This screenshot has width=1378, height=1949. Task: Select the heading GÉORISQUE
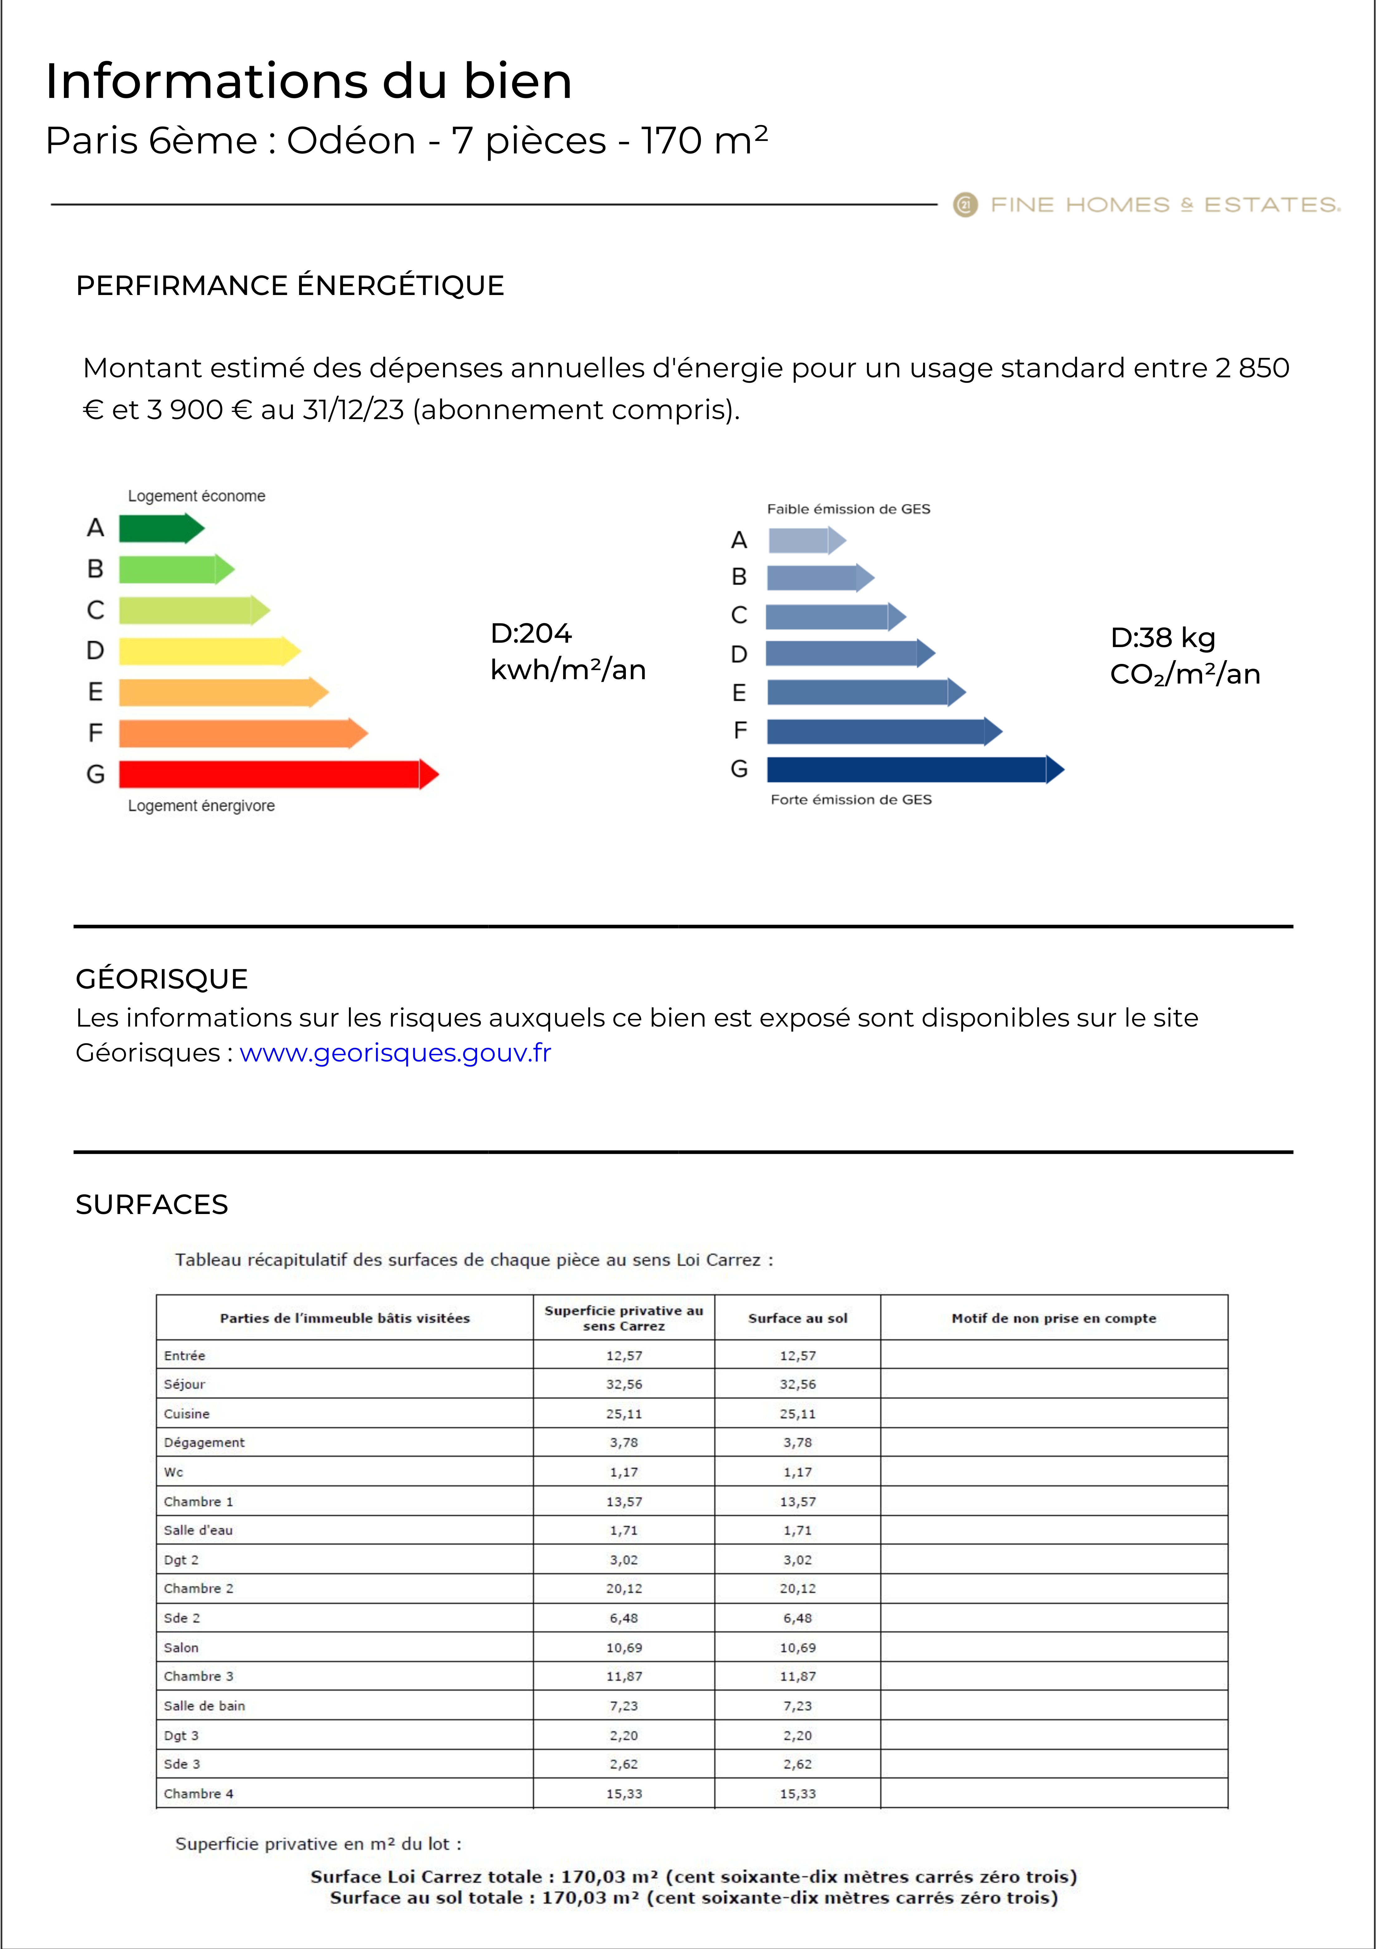[161, 979]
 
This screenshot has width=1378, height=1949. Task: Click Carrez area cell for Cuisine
[624, 1413]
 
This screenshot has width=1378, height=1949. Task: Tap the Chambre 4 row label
[198, 1794]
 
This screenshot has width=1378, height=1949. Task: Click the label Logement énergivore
[201, 805]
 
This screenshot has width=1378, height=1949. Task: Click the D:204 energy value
[531, 633]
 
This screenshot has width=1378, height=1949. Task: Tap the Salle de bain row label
[204, 1705]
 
